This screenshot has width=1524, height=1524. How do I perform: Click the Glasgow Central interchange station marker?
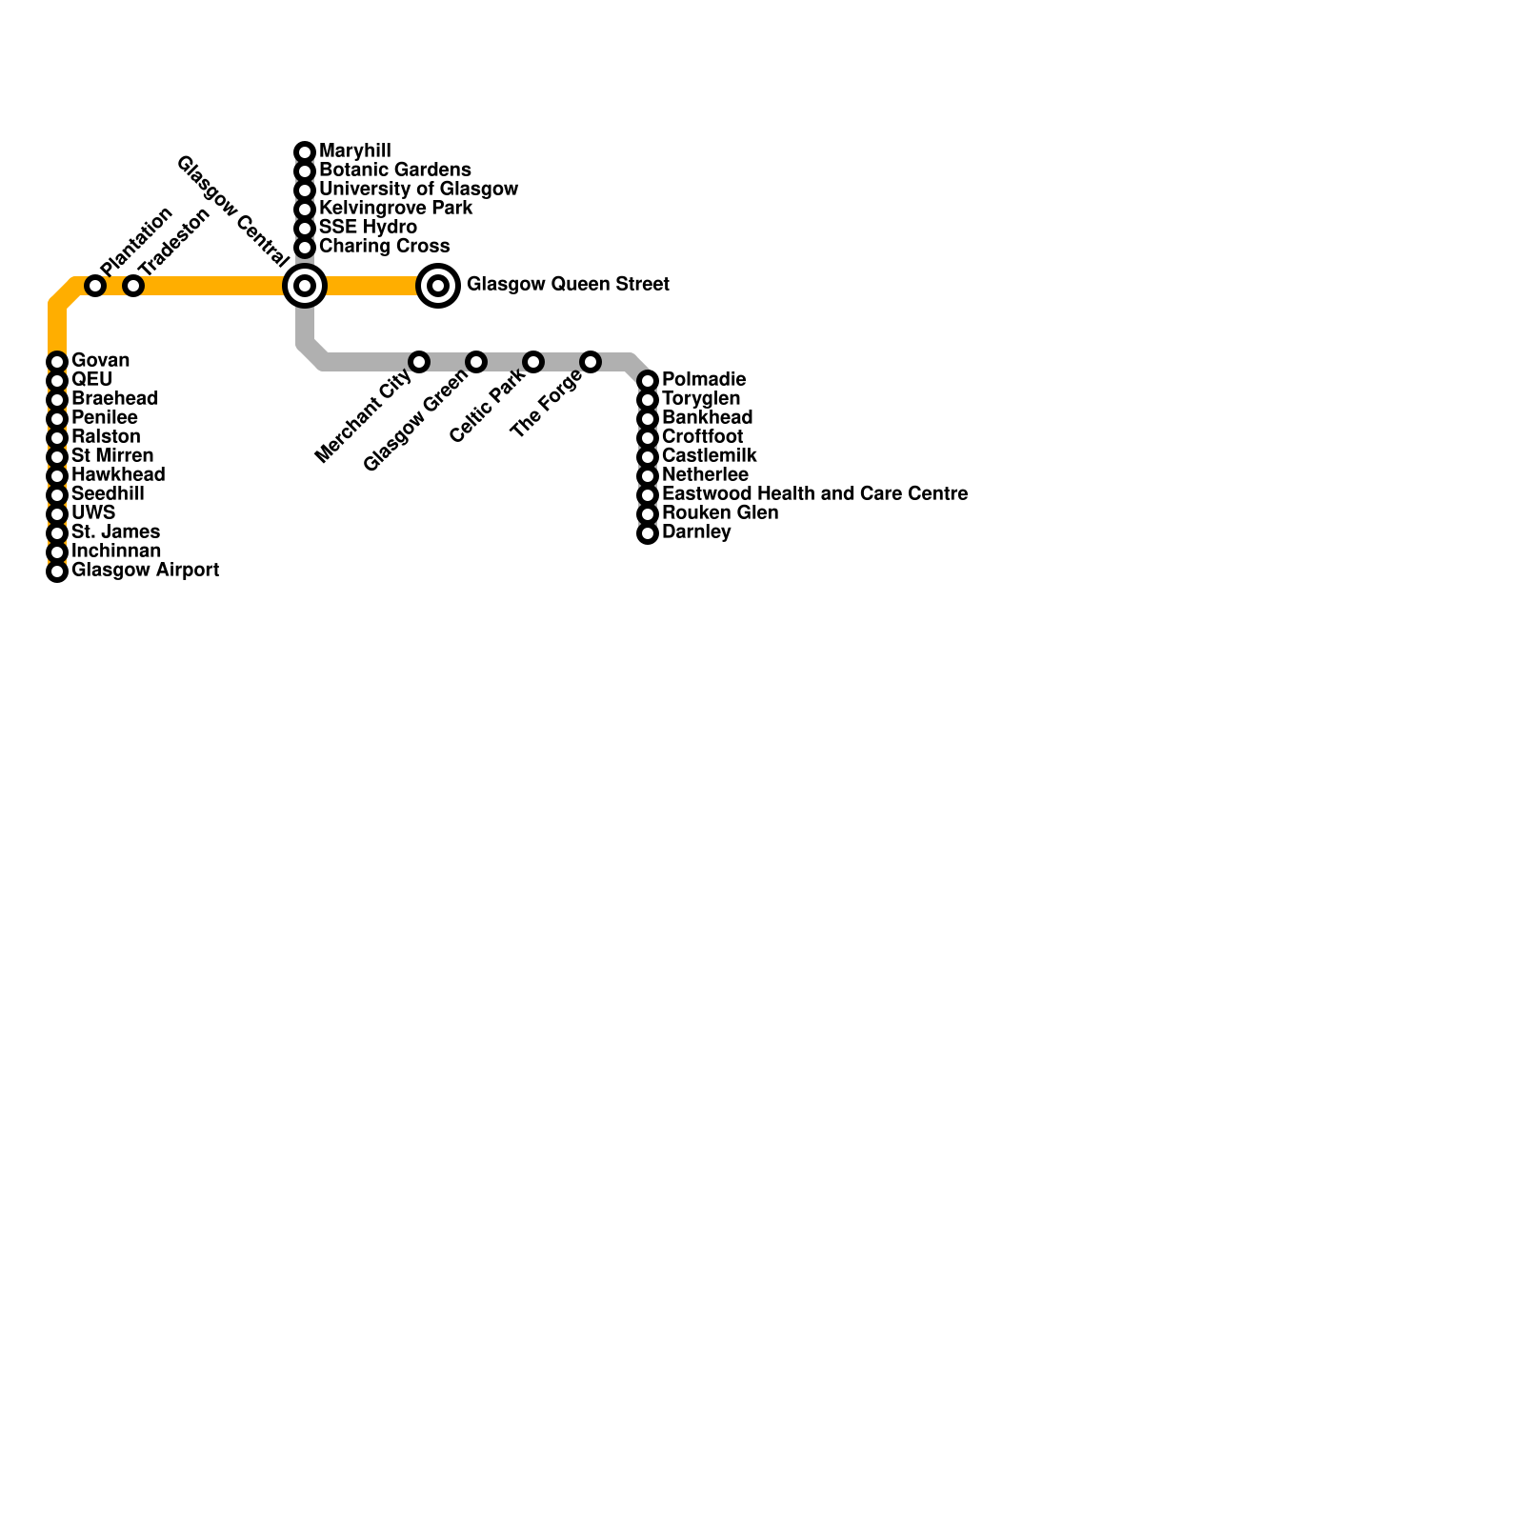305,285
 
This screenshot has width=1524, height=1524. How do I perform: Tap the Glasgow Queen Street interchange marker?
438,285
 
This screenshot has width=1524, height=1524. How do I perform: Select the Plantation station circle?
95,285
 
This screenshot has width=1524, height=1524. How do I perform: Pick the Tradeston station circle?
133,285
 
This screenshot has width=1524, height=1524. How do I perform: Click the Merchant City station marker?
419,362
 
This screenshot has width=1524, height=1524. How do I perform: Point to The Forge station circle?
591,362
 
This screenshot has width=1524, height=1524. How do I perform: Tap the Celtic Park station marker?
533,362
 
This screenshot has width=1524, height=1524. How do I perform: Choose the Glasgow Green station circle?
476,362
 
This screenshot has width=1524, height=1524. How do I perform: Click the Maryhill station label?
354,151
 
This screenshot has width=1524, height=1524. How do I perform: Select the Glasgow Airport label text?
145,571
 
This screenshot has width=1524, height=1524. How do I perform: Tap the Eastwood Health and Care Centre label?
814,494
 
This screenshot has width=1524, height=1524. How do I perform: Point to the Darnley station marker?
648,533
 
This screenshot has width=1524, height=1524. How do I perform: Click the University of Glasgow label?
418,190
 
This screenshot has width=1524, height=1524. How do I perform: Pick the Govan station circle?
57,362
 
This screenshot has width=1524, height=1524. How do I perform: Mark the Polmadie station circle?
648,381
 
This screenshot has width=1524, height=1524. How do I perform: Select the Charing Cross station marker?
305,248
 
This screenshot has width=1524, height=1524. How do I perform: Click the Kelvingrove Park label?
395,209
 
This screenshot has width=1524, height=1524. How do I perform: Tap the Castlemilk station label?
709,456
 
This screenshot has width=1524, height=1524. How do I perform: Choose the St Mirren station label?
112,456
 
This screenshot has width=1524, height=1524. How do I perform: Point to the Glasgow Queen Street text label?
568,285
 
